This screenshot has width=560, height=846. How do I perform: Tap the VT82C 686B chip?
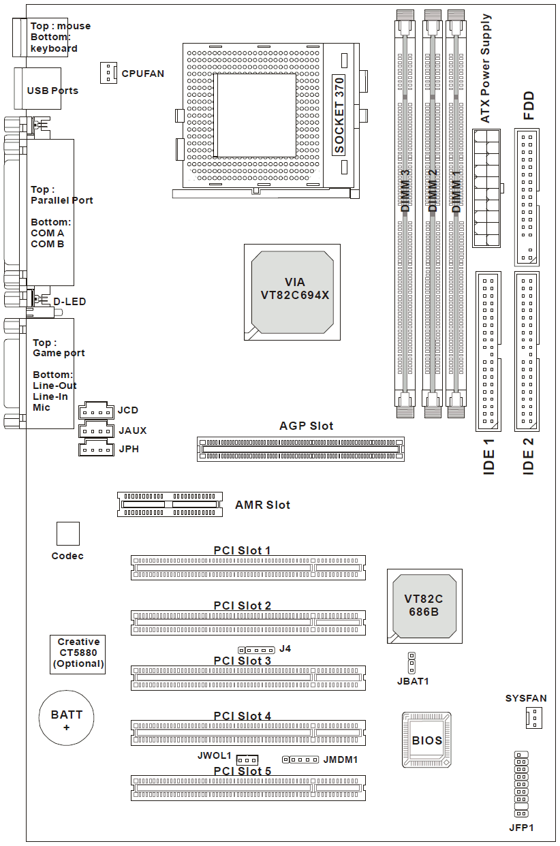click(423, 606)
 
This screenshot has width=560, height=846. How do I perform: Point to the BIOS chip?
click(426, 740)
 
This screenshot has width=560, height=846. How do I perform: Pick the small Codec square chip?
click(67, 533)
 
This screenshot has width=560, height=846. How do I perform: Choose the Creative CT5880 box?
click(78, 653)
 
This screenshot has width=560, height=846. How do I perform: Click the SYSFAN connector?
click(533, 717)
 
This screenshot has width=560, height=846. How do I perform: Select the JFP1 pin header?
click(522, 785)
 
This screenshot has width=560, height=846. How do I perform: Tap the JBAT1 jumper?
click(411, 663)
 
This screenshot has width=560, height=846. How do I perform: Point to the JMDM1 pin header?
click(300, 759)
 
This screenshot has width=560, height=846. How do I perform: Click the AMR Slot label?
click(262, 505)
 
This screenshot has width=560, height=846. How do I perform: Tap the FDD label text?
click(528, 106)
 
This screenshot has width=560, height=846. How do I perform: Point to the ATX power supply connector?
click(486, 187)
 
